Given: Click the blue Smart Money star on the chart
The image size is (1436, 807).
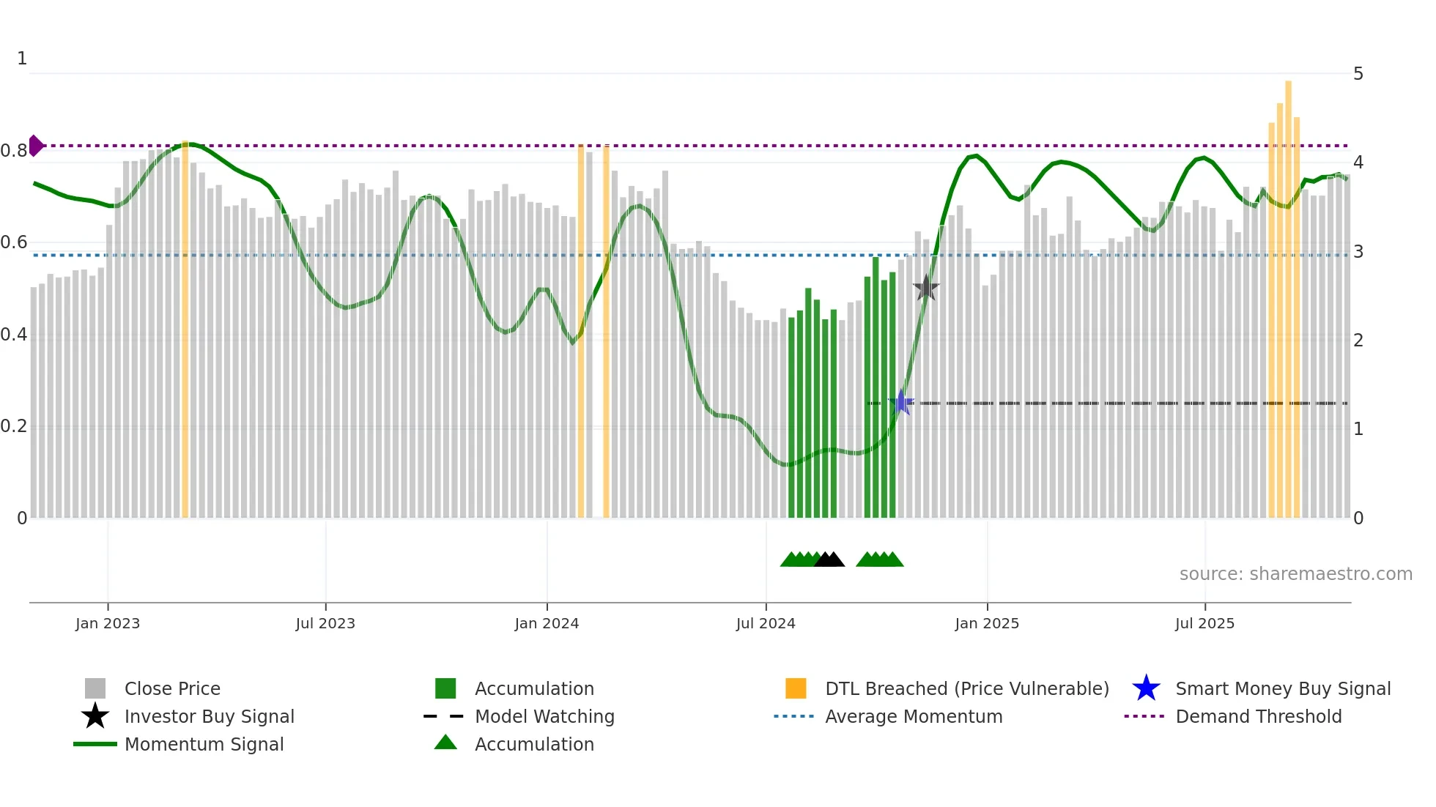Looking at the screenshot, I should (x=901, y=403).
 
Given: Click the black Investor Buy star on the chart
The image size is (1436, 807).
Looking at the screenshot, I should (x=926, y=288).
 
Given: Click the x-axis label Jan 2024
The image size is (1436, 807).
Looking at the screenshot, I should (x=547, y=623).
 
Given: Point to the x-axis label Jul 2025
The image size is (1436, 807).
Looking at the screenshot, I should (x=1204, y=623).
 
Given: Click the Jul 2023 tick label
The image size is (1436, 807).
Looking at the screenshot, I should (x=325, y=623).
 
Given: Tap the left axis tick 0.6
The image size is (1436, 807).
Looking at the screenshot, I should (x=13, y=242).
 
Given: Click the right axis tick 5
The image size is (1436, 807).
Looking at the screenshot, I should (x=1358, y=74).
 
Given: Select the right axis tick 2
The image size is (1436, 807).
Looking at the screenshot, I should (x=1358, y=341).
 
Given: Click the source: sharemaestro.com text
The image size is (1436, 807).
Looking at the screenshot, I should (x=1295, y=574).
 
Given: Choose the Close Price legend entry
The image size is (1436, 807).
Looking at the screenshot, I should (x=171, y=688).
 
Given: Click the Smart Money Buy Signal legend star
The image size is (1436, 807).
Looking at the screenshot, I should (x=1146, y=688).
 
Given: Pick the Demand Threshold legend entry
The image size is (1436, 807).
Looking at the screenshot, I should (x=1258, y=716).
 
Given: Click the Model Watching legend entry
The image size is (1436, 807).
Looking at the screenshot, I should (x=544, y=716).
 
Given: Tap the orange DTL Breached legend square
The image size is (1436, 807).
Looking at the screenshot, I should (x=796, y=688).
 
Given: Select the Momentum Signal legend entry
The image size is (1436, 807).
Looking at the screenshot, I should (x=204, y=744).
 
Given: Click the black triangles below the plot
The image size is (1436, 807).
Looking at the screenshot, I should (x=829, y=560).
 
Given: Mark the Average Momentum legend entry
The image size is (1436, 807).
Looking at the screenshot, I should (x=913, y=716).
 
